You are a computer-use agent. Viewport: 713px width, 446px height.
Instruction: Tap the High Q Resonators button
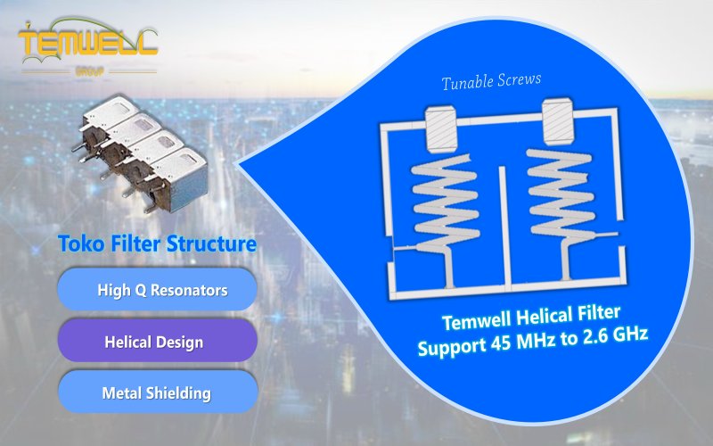157,290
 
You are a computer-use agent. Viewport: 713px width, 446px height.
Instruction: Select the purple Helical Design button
157,342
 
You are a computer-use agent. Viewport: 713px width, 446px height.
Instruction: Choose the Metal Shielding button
157,392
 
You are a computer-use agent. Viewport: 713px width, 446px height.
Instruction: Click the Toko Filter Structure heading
157,244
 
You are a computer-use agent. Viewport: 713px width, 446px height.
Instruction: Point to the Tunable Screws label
491,83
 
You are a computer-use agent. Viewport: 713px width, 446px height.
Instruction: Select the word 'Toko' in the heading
79,244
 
